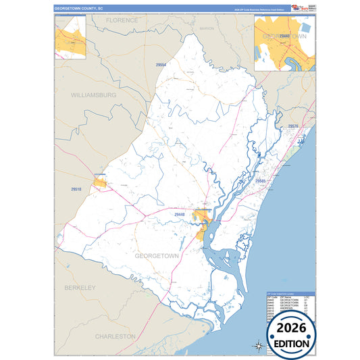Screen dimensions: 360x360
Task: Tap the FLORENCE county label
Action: pyautogui.click(x=122, y=20)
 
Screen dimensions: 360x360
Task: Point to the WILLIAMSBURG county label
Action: pyautogui.click(x=94, y=95)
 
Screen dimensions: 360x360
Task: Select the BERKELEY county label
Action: pyautogui.click(x=80, y=288)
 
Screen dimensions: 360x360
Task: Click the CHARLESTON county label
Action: pyautogui.click(x=115, y=336)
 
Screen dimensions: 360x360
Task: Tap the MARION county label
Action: pyautogui.click(x=206, y=29)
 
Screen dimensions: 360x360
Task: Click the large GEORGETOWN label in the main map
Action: pyautogui.click(x=157, y=256)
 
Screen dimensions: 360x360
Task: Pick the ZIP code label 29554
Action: pyautogui.click(x=161, y=64)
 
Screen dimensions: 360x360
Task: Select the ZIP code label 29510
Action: pyautogui.click(x=75, y=190)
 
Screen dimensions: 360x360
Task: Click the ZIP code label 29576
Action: pyautogui.click(x=292, y=126)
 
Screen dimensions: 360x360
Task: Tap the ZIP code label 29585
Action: pyautogui.click(x=261, y=181)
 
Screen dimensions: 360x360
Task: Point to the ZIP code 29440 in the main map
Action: pyautogui.click(x=180, y=214)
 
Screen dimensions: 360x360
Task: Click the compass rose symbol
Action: pyautogui.click(x=258, y=346)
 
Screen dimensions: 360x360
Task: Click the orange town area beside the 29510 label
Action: pyautogui.click(x=100, y=182)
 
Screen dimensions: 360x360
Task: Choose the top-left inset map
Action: pyautogui.click(x=70, y=37)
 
